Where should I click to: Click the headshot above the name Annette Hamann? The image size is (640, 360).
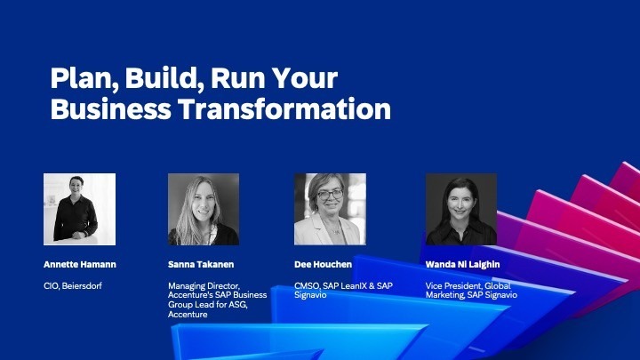tap(79, 209)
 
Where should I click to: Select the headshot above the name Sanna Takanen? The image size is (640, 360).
tap(204, 209)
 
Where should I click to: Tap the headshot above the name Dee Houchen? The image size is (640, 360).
tap(330, 209)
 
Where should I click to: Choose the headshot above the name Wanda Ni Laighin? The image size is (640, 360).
tap(460, 209)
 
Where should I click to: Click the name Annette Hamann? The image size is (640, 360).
tap(80, 264)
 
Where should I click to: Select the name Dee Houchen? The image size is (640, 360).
tap(323, 264)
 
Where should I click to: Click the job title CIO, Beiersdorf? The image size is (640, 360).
tap(76, 285)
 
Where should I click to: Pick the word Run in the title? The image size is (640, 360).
tap(242, 80)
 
